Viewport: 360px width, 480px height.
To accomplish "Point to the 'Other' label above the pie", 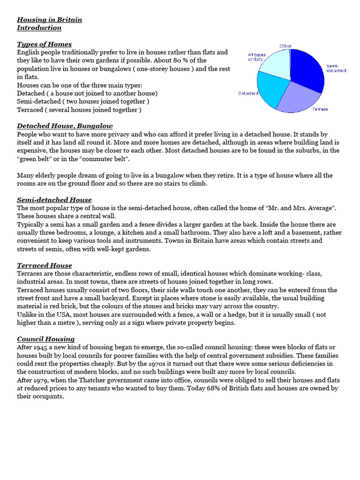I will point(285,46).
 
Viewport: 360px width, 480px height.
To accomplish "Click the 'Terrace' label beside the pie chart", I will point(320,109).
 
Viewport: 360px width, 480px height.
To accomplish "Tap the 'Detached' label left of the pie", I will point(248,93).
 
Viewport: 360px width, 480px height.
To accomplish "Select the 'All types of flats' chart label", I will point(256,57).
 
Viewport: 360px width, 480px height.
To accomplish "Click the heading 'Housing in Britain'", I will point(49,20).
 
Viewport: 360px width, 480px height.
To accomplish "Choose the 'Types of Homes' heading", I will point(44,44).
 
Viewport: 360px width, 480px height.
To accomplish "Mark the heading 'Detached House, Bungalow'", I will point(65,126).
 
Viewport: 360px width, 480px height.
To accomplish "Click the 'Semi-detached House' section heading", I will point(54,200).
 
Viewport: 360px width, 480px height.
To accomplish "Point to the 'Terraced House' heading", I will point(45,265).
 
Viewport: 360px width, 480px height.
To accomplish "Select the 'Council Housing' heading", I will point(45,339).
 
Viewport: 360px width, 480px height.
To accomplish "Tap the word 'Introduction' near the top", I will point(39,28).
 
